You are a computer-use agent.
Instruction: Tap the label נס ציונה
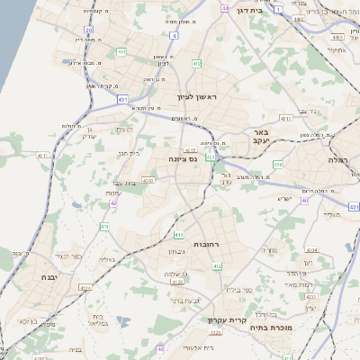(183, 158)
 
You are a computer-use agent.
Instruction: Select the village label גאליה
(105, 259)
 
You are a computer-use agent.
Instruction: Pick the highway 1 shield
(279, 9)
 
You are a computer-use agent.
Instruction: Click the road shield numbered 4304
(312, 248)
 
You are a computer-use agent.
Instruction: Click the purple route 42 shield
(113, 202)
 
